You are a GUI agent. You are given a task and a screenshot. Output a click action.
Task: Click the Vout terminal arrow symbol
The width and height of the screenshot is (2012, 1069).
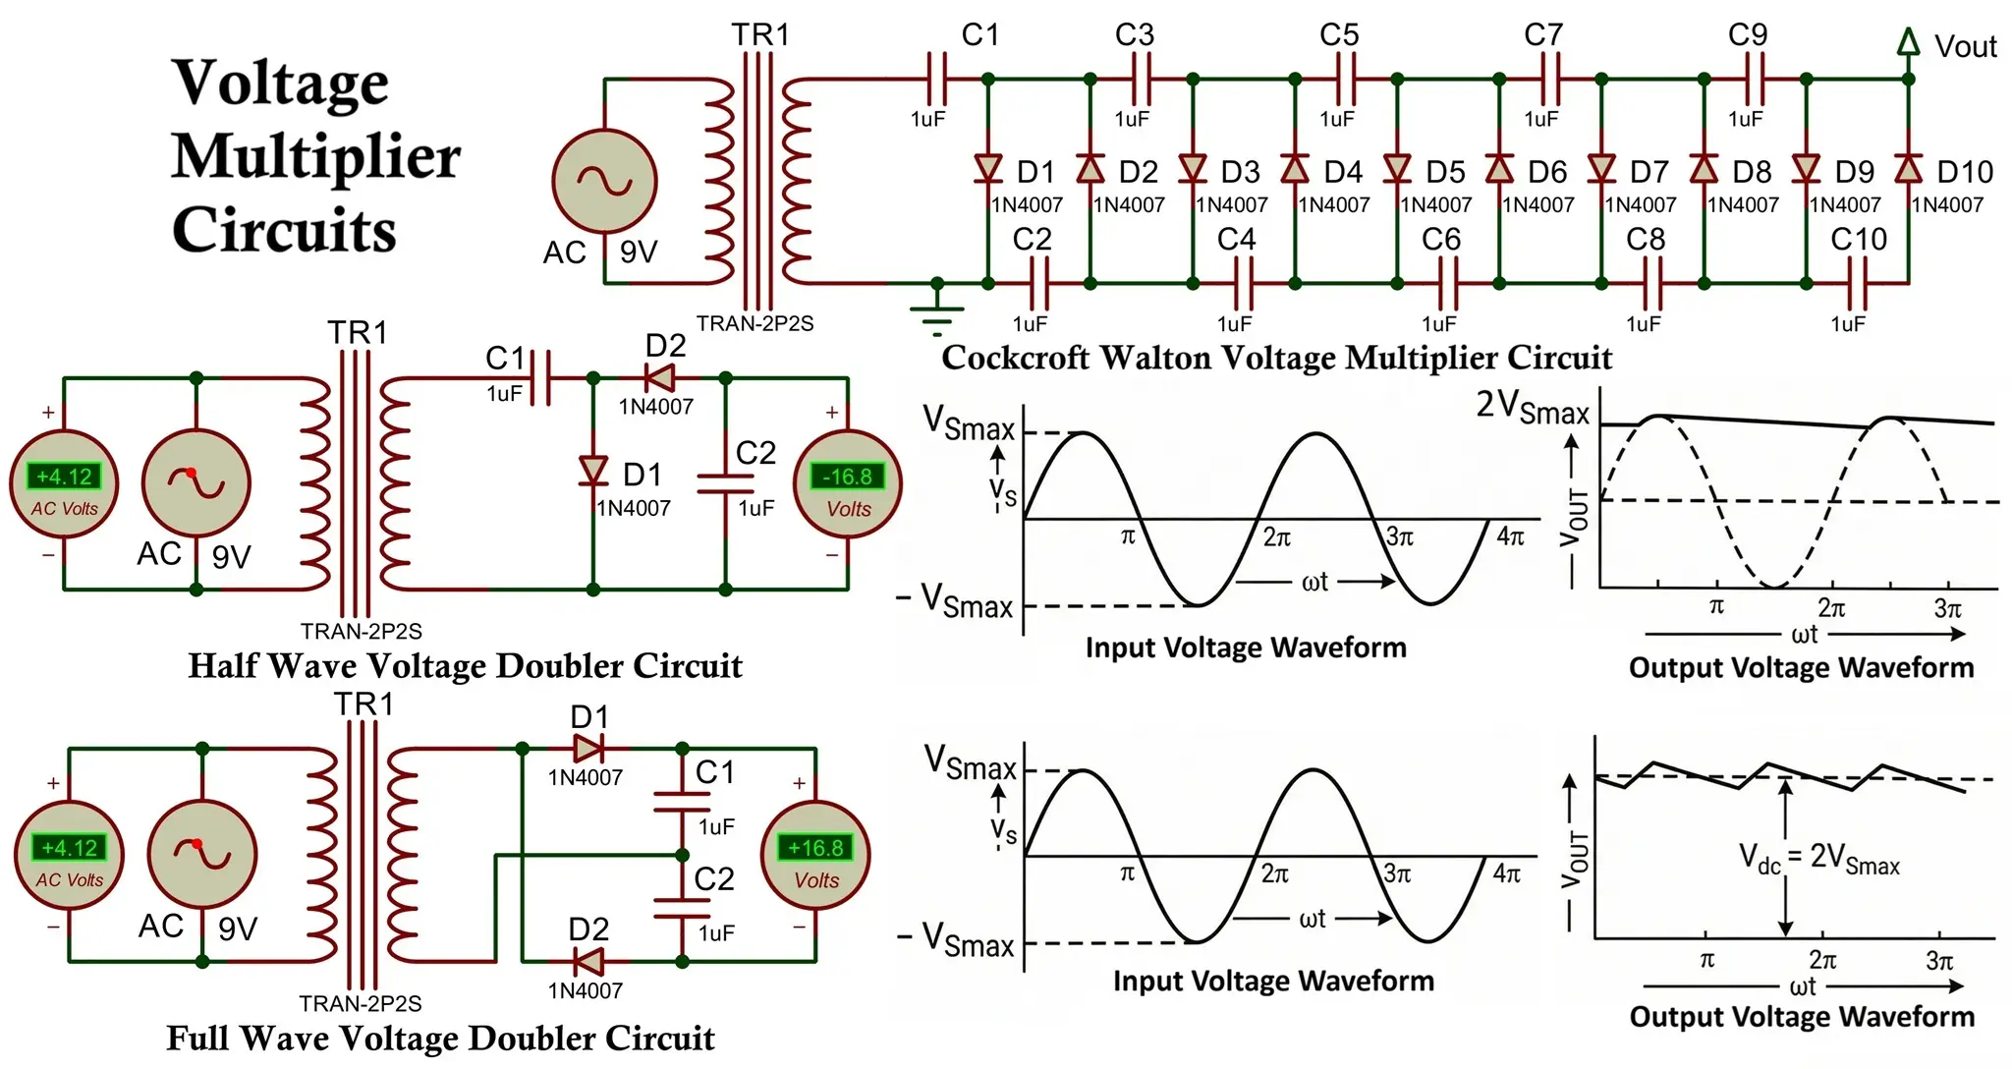(1908, 42)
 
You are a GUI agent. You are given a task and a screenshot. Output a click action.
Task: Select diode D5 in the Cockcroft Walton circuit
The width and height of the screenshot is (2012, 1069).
(1397, 168)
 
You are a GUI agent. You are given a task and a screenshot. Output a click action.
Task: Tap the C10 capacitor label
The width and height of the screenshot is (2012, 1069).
(1858, 239)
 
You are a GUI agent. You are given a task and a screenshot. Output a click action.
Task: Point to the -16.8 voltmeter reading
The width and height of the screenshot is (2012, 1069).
(847, 477)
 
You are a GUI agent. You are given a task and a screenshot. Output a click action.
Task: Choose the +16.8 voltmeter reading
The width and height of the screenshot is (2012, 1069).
(815, 847)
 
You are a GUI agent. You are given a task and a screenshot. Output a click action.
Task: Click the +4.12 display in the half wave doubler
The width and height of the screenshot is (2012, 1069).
(64, 477)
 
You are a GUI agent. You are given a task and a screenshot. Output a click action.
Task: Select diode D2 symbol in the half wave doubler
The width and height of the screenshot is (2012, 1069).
(658, 378)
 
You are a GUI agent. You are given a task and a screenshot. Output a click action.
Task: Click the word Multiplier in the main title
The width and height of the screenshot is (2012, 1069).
(316, 157)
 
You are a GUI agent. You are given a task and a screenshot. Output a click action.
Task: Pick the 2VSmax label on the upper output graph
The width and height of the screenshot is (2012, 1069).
(1532, 406)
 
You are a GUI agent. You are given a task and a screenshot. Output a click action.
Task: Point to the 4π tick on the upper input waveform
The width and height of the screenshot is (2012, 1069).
(1509, 536)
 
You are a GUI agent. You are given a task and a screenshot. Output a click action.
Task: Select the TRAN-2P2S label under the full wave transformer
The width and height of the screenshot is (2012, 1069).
(361, 1003)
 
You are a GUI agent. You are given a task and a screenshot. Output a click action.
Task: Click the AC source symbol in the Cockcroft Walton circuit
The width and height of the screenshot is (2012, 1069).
(604, 182)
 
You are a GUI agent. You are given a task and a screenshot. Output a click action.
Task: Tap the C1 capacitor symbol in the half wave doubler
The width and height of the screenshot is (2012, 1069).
(539, 378)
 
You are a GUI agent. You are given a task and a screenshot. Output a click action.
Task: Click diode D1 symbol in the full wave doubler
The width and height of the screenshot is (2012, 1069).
(587, 749)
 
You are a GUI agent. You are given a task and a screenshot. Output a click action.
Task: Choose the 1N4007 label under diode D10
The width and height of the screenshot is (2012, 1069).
(1947, 205)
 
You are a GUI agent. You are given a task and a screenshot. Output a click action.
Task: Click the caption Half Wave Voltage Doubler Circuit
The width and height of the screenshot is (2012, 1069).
(465, 666)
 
